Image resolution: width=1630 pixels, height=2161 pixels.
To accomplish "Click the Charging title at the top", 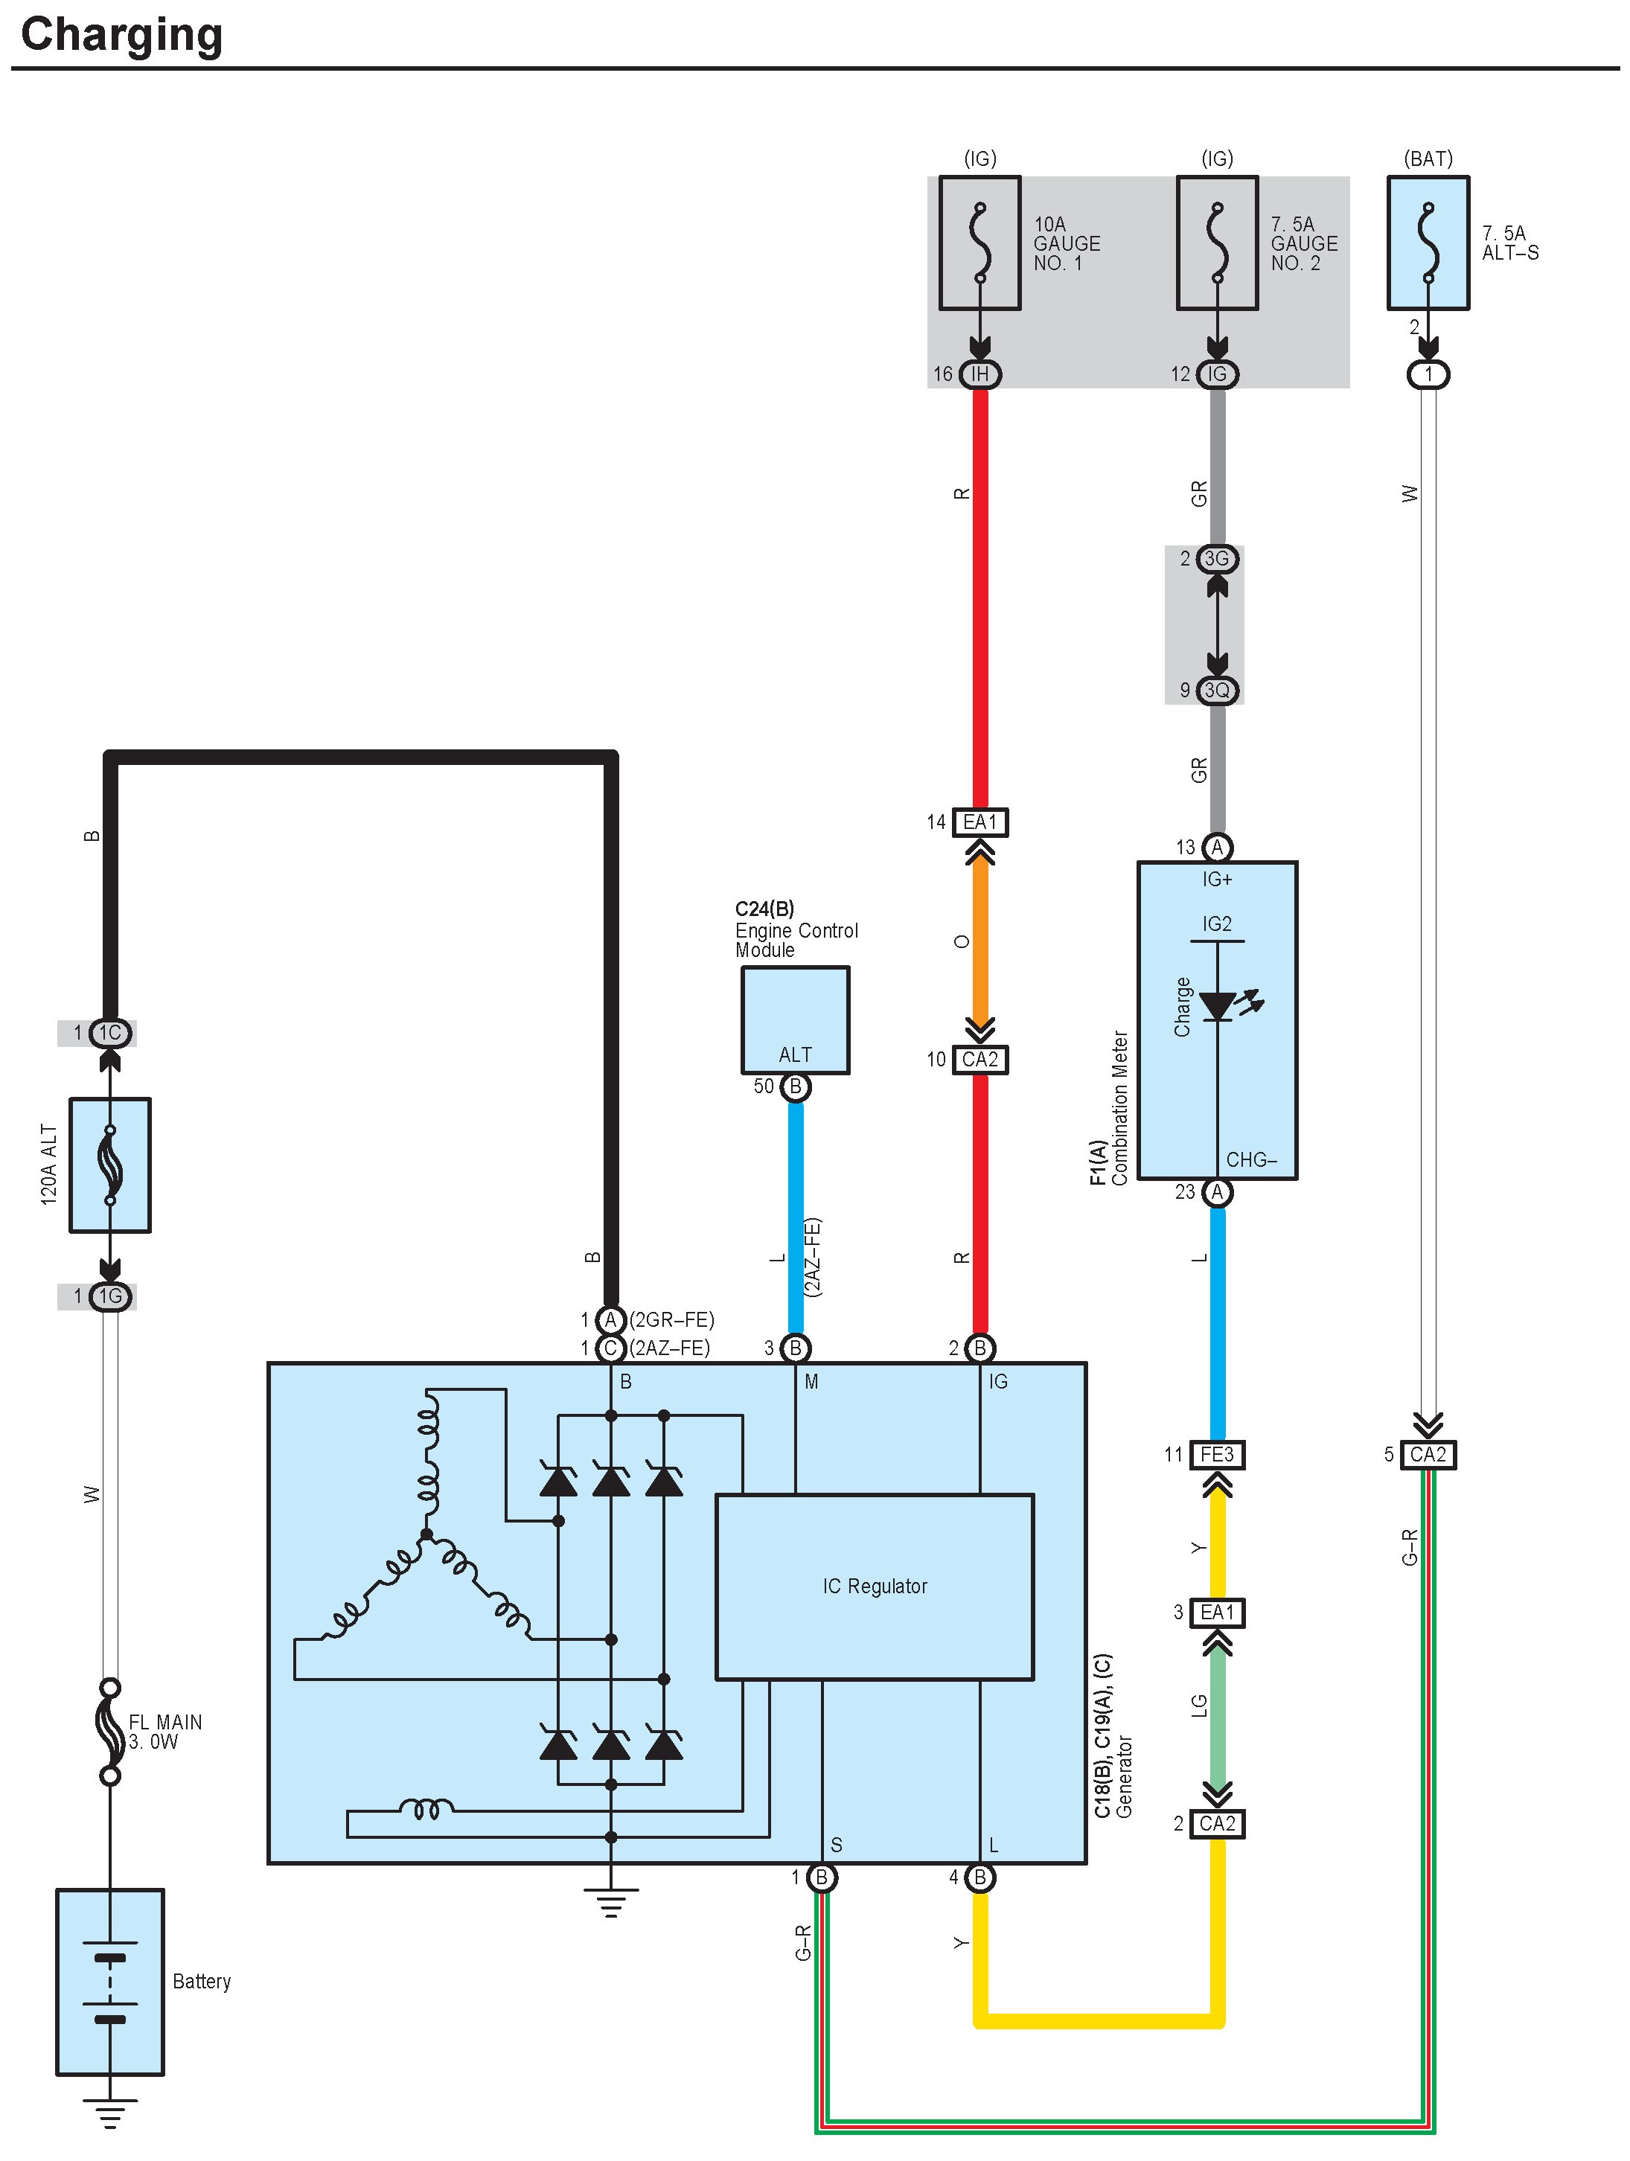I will pyautogui.click(x=121, y=35).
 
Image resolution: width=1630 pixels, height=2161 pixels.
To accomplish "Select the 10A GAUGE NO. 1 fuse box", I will pyautogui.click(x=979, y=243).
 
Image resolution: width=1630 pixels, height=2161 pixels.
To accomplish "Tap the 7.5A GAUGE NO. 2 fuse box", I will pyautogui.click(x=1217, y=243).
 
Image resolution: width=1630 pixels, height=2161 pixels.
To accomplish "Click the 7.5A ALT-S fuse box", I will pyautogui.click(x=1428, y=243).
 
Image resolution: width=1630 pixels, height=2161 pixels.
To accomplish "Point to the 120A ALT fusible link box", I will pyautogui.click(x=109, y=1165).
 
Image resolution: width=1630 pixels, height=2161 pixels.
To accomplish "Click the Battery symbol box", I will pyautogui.click(x=109, y=1981).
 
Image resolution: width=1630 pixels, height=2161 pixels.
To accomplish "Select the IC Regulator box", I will pyautogui.click(x=874, y=1587).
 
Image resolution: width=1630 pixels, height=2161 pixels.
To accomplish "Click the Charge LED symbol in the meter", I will pyautogui.click(x=1218, y=1005).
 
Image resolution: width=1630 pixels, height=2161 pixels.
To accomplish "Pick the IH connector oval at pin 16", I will pyautogui.click(x=979, y=374).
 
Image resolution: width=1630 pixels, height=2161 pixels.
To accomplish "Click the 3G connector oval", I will pyautogui.click(x=1217, y=559).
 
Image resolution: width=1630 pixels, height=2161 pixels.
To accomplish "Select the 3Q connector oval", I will pyautogui.click(x=1217, y=691).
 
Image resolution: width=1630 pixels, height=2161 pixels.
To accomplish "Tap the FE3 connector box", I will pyautogui.click(x=1217, y=1455).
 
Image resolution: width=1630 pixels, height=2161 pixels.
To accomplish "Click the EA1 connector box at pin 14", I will pyautogui.click(x=979, y=822).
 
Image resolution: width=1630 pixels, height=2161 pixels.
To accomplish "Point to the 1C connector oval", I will pyautogui.click(x=109, y=1033).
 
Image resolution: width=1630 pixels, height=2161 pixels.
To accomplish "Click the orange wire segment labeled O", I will pyautogui.click(x=979, y=941).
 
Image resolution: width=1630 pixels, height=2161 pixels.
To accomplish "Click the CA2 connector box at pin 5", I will pyautogui.click(x=1428, y=1455).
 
